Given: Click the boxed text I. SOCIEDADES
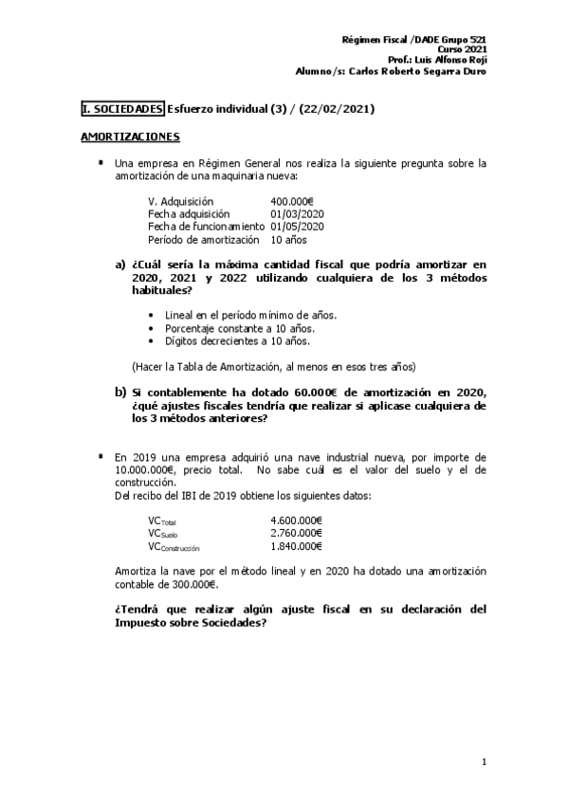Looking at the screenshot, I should pyautogui.click(x=122, y=109).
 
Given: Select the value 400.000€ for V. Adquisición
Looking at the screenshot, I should pyautogui.click(x=292, y=202).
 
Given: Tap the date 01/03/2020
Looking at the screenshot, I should pyautogui.click(x=297, y=214).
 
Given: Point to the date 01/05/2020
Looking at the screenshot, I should pyautogui.click(x=297, y=227).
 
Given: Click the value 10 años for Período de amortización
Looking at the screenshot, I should pyautogui.click(x=288, y=239).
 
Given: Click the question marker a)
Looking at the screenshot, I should pyautogui.click(x=121, y=264).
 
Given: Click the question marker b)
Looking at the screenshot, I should pyautogui.click(x=121, y=392).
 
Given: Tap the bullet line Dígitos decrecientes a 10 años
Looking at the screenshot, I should pyautogui.click(x=236, y=340).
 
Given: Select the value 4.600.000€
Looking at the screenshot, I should pyautogui.click(x=296, y=521).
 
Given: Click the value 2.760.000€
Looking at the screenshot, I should pyautogui.click(x=296, y=534).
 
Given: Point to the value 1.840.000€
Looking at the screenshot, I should pyautogui.click(x=296, y=546).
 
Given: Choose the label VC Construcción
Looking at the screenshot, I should pyautogui.click(x=174, y=547).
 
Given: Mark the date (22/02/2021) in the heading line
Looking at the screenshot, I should pyautogui.click(x=337, y=109).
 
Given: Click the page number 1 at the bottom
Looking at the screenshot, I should pyautogui.click(x=484, y=761).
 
